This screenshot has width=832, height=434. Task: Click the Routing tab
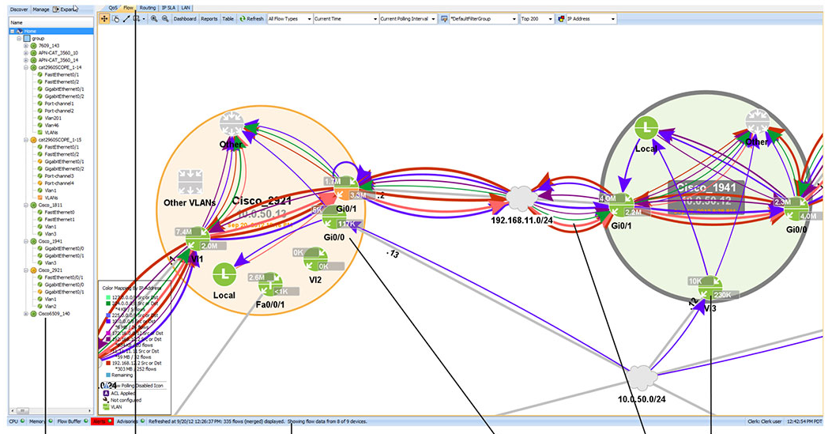[148, 6]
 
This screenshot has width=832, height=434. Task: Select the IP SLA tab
[168, 6]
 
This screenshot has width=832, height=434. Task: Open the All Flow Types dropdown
[288, 18]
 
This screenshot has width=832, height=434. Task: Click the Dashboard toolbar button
[184, 18]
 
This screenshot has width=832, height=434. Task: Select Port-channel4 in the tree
[59, 183]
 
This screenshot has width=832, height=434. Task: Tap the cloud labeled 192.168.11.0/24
[520, 196]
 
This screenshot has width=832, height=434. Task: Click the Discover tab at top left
[20, 9]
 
